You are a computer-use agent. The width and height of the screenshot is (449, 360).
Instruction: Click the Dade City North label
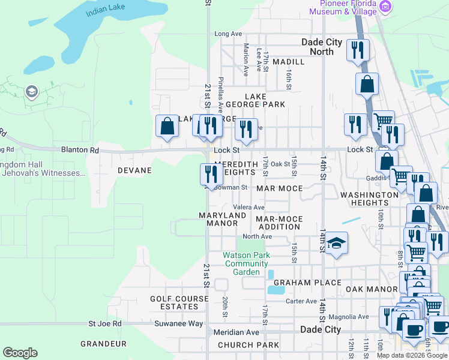click(322, 47)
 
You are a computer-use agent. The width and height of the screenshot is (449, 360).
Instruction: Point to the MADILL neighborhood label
click(288, 62)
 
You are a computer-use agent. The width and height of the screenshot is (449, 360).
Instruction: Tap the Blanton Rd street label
click(80, 150)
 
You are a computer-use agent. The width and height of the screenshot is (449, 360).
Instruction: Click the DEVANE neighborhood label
click(134, 170)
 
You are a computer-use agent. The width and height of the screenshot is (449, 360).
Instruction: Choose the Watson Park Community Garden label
click(247, 263)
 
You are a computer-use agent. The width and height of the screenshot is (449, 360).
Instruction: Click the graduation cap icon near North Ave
click(337, 243)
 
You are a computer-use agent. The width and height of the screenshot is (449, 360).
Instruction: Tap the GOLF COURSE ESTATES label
click(174, 302)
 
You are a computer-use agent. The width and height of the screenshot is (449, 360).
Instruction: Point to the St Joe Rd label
click(105, 323)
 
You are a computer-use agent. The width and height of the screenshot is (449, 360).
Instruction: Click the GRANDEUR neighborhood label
click(104, 344)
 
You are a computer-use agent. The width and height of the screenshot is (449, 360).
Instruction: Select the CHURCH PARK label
click(249, 345)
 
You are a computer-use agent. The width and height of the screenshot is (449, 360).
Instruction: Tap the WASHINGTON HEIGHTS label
click(369, 199)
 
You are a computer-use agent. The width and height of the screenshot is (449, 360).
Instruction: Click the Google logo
click(20, 353)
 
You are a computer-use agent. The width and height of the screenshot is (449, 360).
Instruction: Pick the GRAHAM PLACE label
click(307, 283)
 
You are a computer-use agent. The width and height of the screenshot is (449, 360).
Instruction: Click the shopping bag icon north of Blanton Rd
click(167, 126)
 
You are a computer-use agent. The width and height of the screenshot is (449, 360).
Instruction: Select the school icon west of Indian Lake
click(31, 92)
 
